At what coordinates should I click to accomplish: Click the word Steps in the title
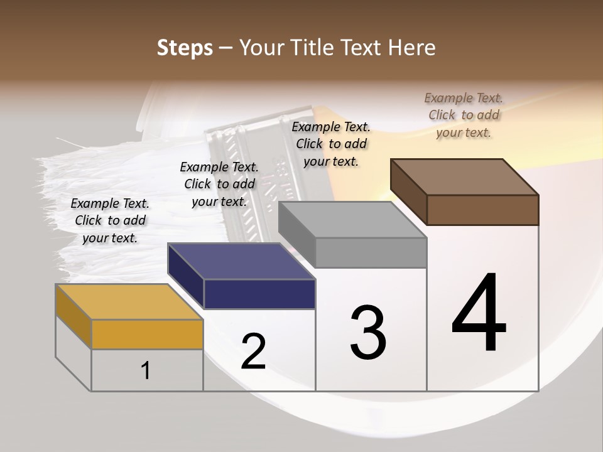(x=184, y=48)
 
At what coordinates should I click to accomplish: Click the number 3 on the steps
(x=368, y=333)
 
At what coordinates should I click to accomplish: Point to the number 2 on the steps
(x=253, y=352)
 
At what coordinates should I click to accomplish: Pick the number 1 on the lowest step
(x=146, y=371)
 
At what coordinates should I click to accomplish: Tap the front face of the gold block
(x=147, y=334)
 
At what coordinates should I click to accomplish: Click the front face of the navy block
(x=259, y=294)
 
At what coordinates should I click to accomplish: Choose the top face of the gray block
(x=352, y=220)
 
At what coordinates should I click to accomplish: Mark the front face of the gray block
(x=371, y=253)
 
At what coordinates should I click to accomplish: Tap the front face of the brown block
(x=482, y=210)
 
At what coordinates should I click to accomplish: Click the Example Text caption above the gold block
(x=110, y=220)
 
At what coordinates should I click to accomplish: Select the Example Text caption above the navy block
(x=219, y=184)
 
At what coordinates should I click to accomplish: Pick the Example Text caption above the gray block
(x=331, y=144)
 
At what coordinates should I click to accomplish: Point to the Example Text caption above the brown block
(x=464, y=115)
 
